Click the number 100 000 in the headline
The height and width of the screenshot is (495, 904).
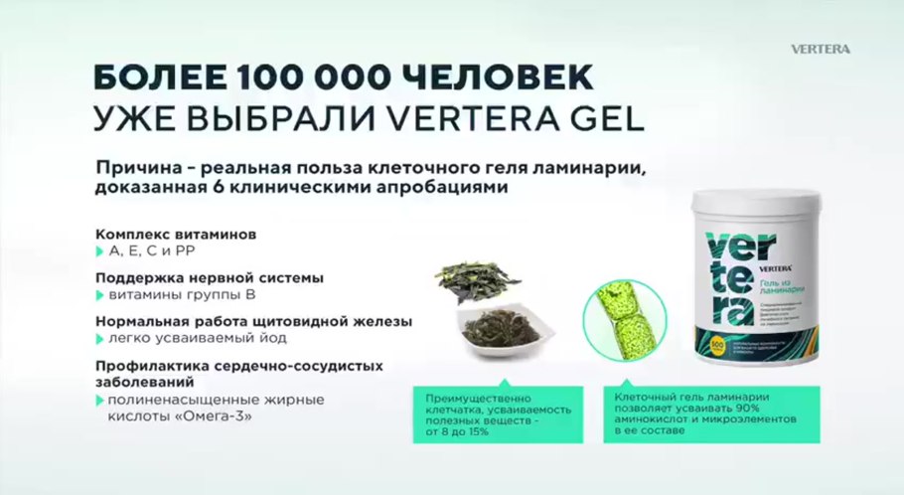tap(315, 79)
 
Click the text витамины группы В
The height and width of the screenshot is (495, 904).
tap(173, 295)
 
